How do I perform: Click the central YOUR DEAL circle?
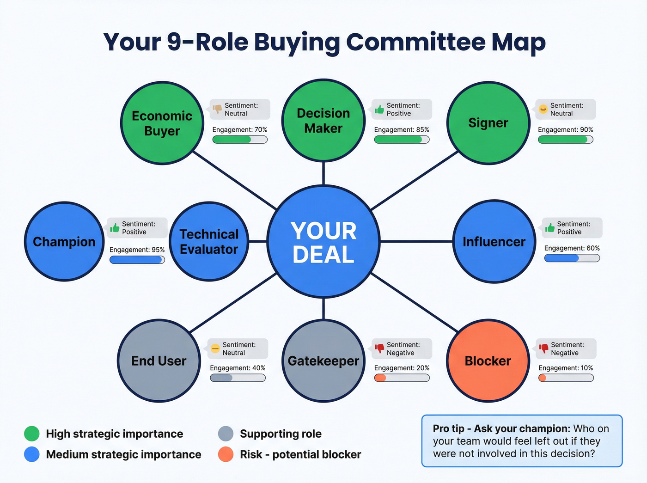[323, 242]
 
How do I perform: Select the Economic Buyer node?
[162, 123]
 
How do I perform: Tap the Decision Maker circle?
[323, 121]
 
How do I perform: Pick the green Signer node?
[488, 123]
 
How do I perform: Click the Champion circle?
[64, 242]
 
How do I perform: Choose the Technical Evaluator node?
[209, 242]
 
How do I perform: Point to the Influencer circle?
[494, 242]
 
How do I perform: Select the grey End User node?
[159, 361]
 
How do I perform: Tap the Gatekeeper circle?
[323, 361]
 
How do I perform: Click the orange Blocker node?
[488, 361]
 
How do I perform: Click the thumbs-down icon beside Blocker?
[543, 348]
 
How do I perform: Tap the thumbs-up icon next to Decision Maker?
[379, 109]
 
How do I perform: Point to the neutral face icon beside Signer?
[543, 109]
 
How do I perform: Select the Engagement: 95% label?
[137, 250]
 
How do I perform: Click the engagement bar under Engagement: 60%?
[572, 258]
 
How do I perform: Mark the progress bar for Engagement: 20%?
[402, 378]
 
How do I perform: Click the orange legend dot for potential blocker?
[226, 454]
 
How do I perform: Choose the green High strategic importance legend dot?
[31, 434]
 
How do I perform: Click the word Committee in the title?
[416, 42]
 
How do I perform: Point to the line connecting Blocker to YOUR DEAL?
[415, 302]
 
